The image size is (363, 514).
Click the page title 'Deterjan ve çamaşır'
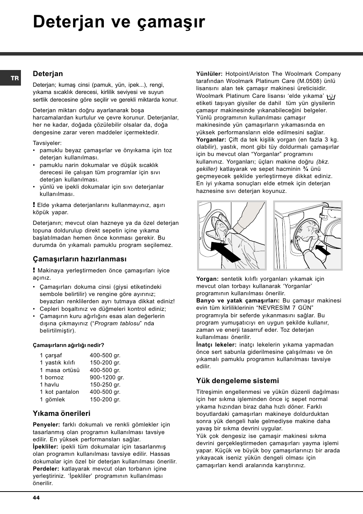119,22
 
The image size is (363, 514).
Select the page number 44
36,498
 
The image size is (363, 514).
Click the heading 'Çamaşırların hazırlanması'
80,259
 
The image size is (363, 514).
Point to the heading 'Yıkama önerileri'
62,414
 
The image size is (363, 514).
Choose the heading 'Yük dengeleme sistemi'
237,381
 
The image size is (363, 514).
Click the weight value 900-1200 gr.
107,377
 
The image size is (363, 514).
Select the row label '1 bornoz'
52,377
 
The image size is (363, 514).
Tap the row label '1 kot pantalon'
59,392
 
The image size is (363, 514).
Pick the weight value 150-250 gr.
105,385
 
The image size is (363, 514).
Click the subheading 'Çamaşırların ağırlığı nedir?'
68,345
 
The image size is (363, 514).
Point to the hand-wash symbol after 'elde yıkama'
331,97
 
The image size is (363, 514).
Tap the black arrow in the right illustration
323,250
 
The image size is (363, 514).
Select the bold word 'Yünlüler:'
209,74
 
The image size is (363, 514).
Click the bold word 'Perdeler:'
46,469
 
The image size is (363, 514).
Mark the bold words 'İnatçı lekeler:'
216,345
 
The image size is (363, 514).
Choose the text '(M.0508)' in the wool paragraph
310,81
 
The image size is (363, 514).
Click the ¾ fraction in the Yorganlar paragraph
306,169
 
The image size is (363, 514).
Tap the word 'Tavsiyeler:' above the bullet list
47,143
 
